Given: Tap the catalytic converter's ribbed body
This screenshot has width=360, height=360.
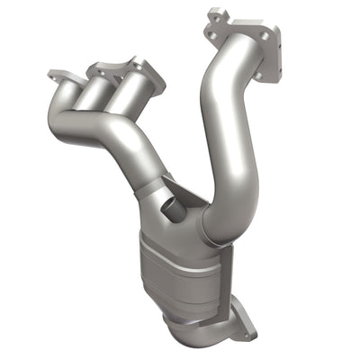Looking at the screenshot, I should pos(180,270).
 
